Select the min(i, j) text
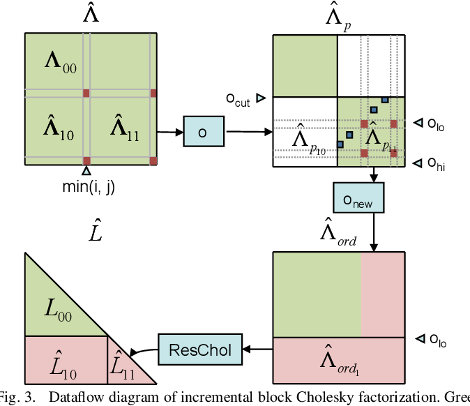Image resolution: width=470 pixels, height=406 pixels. click(86, 186)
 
